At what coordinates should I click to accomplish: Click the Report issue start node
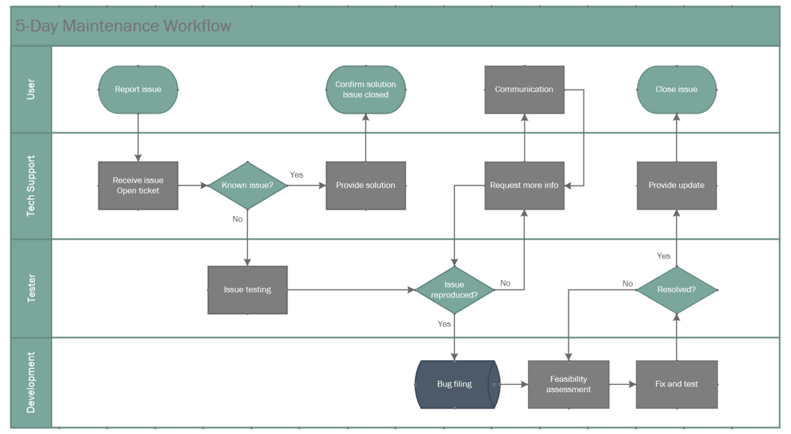[138, 89]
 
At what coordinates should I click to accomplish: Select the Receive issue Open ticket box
[138, 186]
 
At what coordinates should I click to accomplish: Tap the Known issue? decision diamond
[247, 186]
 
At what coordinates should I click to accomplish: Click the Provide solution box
[366, 186]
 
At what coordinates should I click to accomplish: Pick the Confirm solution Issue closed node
[366, 89]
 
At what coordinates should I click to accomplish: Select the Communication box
[524, 89]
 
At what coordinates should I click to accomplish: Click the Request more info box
[524, 186]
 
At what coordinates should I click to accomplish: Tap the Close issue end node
[676, 89]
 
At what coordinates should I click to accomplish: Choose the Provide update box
[676, 186]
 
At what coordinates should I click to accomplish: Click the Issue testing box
[247, 290]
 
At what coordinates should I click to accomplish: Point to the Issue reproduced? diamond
[454, 290]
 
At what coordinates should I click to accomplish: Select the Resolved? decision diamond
[676, 290]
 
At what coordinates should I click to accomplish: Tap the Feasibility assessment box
[568, 384]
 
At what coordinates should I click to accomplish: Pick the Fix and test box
[676, 384]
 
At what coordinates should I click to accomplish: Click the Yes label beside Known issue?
[296, 175]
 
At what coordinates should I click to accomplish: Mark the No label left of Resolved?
[627, 283]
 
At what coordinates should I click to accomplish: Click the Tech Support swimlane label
[32, 186]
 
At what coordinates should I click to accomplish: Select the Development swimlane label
[32, 382]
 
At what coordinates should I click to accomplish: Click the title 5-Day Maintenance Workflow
[123, 26]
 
